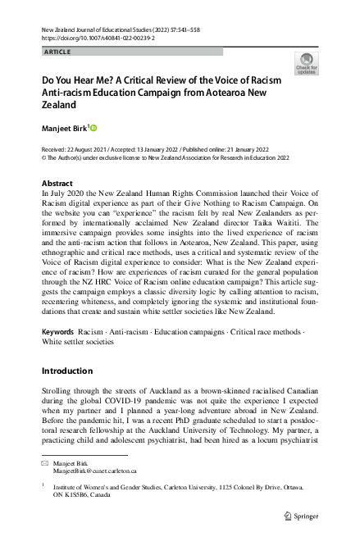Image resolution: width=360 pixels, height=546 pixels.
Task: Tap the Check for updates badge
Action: pyautogui.click(x=307, y=63)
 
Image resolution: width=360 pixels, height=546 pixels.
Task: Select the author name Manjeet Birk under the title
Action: pyautogui.click(x=65, y=129)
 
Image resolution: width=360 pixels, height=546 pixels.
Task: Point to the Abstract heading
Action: pyautogui.click(x=57, y=184)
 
